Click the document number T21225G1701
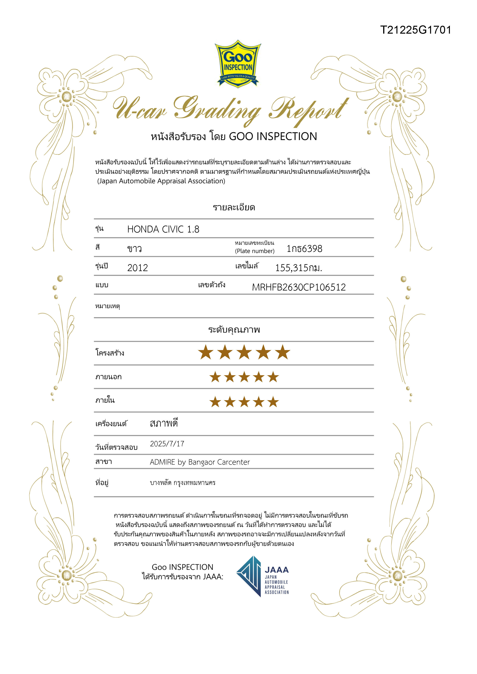415,30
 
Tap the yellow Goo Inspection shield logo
238,64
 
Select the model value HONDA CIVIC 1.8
163,229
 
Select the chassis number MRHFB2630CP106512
299,287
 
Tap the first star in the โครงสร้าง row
206,353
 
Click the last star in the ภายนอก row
273,377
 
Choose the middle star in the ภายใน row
244,402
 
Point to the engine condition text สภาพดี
164,423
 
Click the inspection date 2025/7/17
167,444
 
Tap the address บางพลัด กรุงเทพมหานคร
182,483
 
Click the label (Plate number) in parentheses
255,251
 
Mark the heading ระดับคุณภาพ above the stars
234,330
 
